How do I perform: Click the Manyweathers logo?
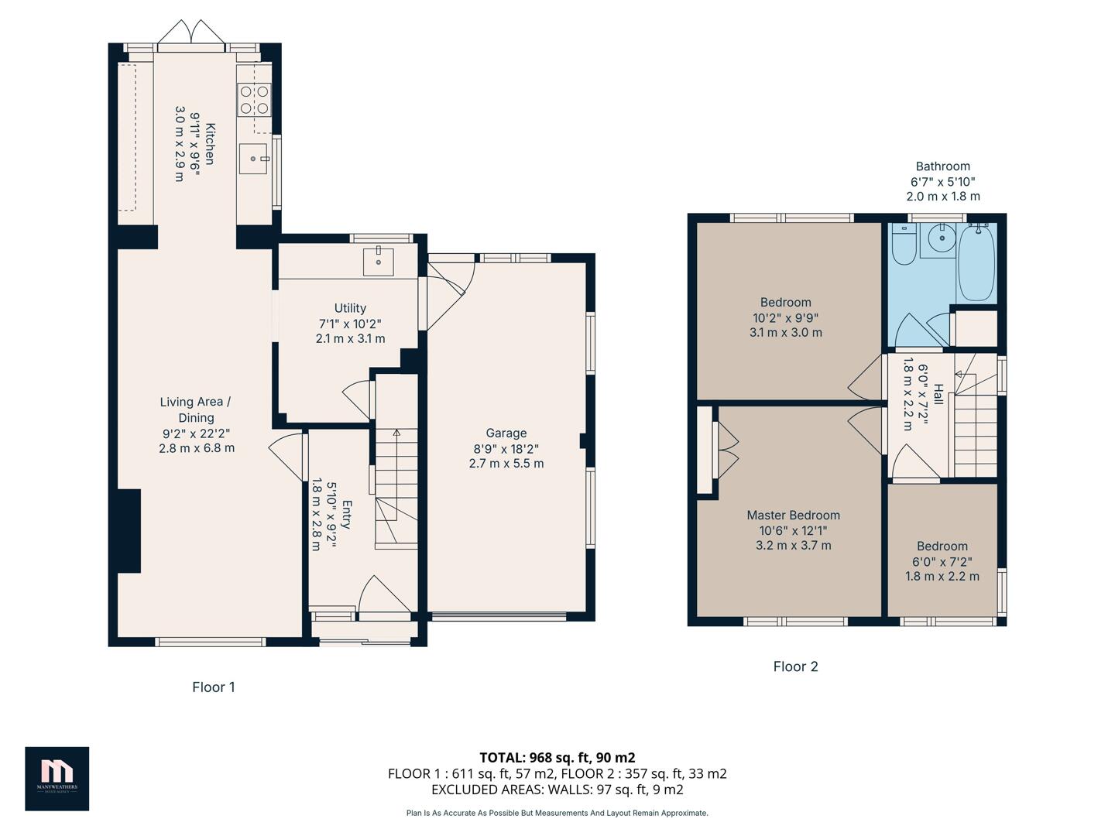[x=57, y=778]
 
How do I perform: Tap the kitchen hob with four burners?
[x=254, y=100]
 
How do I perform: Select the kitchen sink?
[x=253, y=159]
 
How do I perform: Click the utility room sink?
[x=378, y=262]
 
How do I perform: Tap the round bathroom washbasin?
[x=942, y=238]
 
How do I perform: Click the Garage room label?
[x=506, y=433]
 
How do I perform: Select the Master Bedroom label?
[x=793, y=516]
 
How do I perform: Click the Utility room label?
[x=350, y=308]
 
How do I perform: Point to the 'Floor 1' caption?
[x=214, y=687]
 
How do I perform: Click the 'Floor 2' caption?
[x=795, y=666]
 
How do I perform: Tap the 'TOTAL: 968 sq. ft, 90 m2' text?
[x=557, y=758]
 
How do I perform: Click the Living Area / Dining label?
[x=196, y=409]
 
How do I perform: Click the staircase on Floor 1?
[x=396, y=488]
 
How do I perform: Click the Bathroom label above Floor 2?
[x=942, y=166]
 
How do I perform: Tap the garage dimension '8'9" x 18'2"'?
[x=506, y=449]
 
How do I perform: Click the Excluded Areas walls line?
[x=557, y=790]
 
